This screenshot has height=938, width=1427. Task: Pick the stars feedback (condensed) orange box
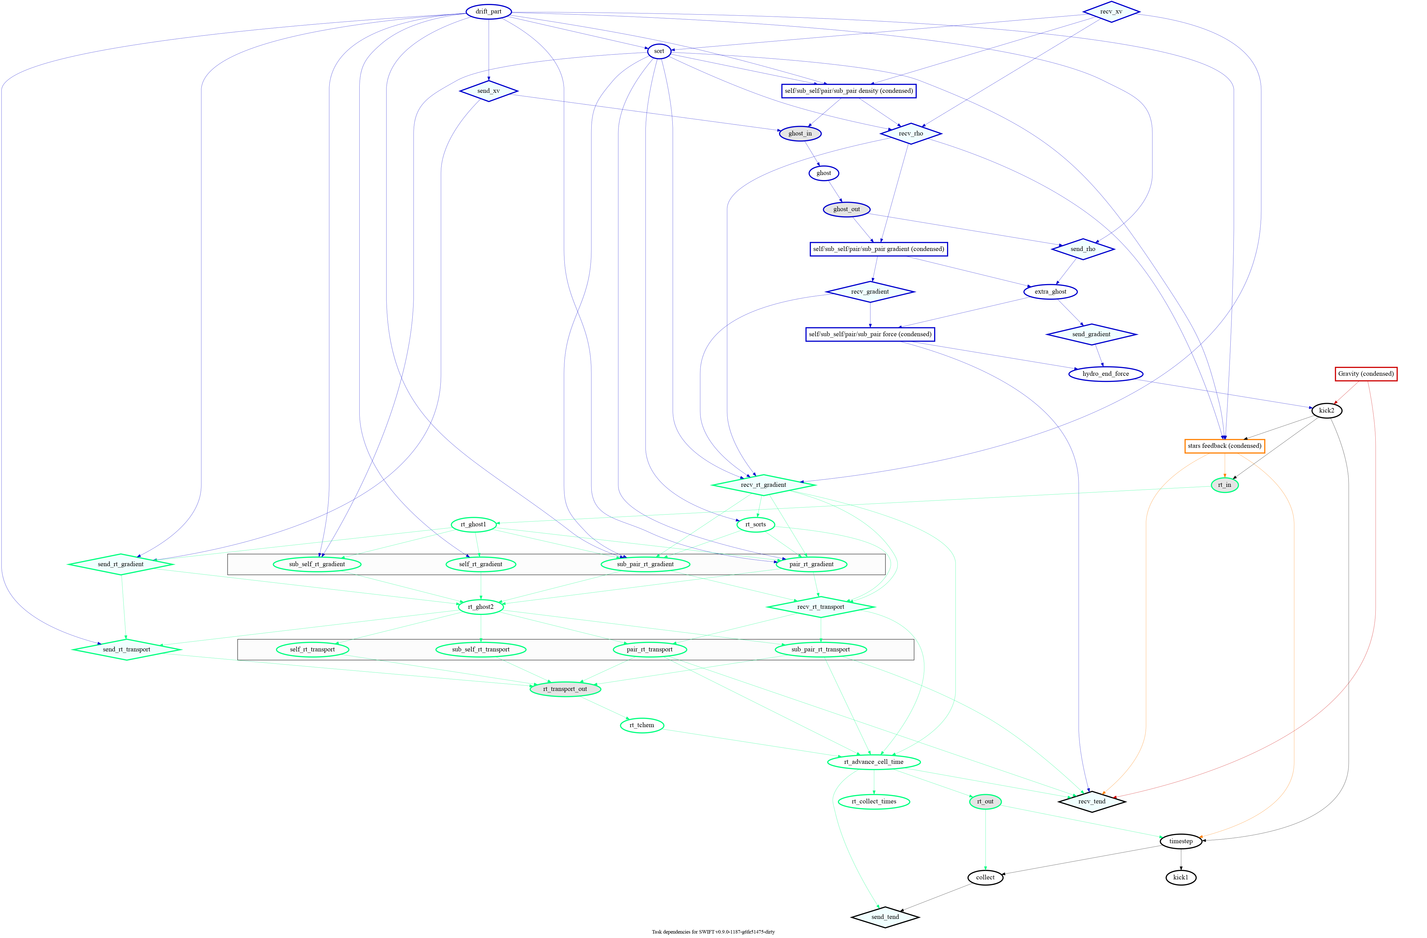click(x=1224, y=446)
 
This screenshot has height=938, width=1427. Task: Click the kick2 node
click(x=1326, y=411)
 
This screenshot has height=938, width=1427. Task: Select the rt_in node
click(x=1224, y=485)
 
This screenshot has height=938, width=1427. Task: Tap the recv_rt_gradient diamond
click(x=763, y=485)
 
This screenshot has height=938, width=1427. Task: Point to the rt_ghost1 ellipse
click(x=473, y=524)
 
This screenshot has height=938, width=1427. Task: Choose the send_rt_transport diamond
click(x=127, y=650)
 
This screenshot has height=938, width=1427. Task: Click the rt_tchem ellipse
click(x=642, y=725)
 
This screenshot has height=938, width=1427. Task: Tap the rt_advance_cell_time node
click(x=874, y=762)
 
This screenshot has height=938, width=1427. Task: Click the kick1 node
click(x=1181, y=877)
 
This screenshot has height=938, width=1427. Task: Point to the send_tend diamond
click(x=885, y=917)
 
